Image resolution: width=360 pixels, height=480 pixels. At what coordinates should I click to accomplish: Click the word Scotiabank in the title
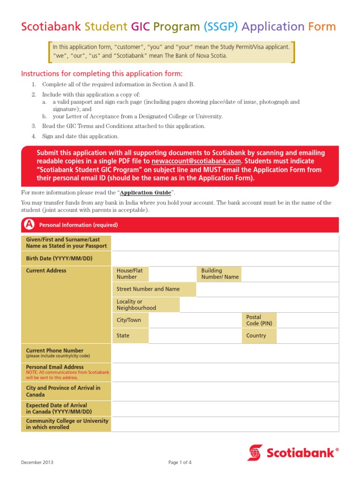[51, 26]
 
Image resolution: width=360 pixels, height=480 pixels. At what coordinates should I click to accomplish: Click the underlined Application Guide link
[145, 193]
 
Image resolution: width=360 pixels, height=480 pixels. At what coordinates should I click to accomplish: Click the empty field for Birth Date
[225, 258]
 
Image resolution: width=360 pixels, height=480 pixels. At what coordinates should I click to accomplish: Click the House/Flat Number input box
[172, 274]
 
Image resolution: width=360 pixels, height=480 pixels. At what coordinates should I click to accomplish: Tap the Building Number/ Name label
[219, 274]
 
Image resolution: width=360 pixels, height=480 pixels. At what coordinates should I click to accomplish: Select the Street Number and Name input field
[267, 289]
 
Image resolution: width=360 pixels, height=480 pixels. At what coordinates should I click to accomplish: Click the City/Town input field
[195, 320]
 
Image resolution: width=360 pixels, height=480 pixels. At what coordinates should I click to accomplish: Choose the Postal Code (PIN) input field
[307, 320]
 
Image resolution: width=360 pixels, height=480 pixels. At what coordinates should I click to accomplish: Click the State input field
[195, 336]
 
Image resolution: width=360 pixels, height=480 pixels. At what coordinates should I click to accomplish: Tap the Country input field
[307, 336]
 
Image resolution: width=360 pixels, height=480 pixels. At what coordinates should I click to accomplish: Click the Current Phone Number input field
[225, 353]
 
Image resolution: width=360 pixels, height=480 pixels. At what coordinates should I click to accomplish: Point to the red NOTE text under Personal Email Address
[67, 375]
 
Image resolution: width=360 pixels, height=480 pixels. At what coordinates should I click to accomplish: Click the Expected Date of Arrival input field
[225, 408]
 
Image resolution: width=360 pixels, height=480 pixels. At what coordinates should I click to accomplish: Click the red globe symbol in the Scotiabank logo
[255, 452]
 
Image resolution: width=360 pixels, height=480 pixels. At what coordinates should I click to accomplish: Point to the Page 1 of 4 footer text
[180, 463]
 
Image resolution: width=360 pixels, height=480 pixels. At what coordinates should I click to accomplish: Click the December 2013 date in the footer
[37, 463]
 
